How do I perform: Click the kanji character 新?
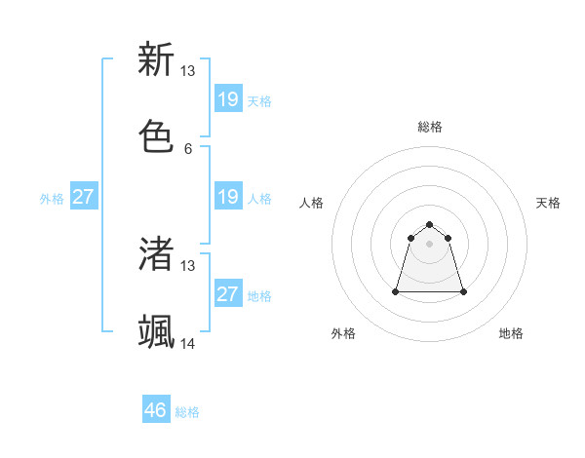point(157,59)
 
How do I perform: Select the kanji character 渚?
point(157,253)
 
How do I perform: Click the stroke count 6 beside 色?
point(188,149)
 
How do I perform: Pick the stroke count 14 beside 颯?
point(188,344)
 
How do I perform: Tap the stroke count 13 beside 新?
point(188,71)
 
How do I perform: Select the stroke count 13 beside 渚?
point(188,266)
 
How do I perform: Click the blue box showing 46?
point(156,410)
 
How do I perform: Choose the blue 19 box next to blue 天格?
point(228,98)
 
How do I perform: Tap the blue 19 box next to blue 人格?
point(228,197)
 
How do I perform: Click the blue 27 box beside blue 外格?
point(84,197)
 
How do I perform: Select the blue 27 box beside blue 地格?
point(228,294)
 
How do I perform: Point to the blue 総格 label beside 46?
point(187,412)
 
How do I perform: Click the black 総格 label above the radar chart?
point(430,127)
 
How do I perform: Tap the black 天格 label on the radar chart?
point(549,203)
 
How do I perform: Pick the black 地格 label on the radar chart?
point(511,333)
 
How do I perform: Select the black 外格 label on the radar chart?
point(343,333)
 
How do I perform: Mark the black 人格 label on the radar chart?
point(312,203)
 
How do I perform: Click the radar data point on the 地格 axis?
point(463,291)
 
